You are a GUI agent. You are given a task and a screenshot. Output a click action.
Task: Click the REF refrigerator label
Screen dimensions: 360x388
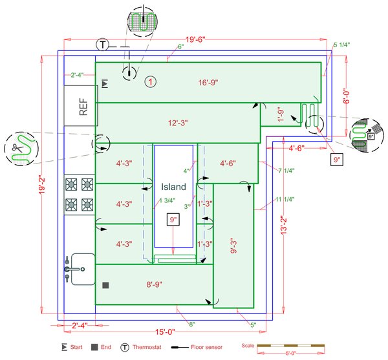pyautogui.click(x=83, y=107)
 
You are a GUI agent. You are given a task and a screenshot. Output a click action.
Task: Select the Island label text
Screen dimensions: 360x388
pyautogui.click(x=173, y=187)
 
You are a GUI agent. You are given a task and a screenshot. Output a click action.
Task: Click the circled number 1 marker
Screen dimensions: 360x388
pyautogui.click(x=150, y=82)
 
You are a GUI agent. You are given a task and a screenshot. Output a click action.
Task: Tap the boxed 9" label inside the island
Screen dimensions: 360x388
pyautogui.click(x=173, y=220)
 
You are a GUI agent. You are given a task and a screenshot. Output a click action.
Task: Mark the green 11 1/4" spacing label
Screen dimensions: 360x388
pyautogui.click(x=285, y=199)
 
